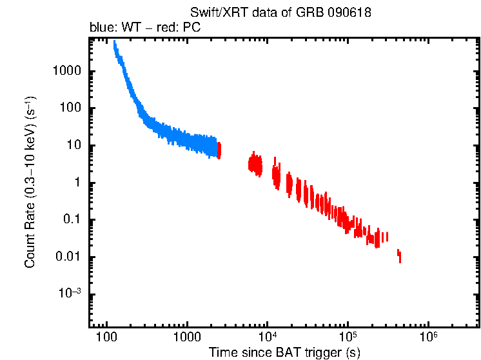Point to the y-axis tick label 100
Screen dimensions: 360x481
70,108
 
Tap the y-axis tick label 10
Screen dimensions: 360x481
74,146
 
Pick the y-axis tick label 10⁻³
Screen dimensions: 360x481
70,294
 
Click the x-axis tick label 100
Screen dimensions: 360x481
106,338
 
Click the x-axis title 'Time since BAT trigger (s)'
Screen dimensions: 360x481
284,352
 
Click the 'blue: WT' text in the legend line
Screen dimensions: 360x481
113,29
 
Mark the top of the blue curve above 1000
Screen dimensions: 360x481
115,43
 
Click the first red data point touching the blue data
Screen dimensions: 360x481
219,150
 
